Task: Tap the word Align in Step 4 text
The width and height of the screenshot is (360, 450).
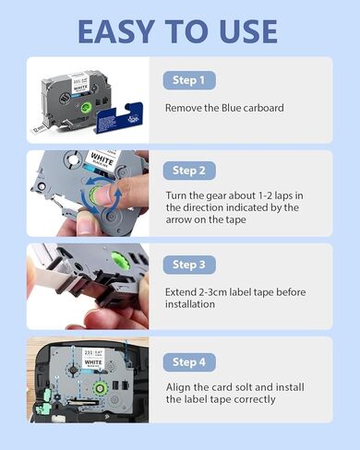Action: coord(181,386)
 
